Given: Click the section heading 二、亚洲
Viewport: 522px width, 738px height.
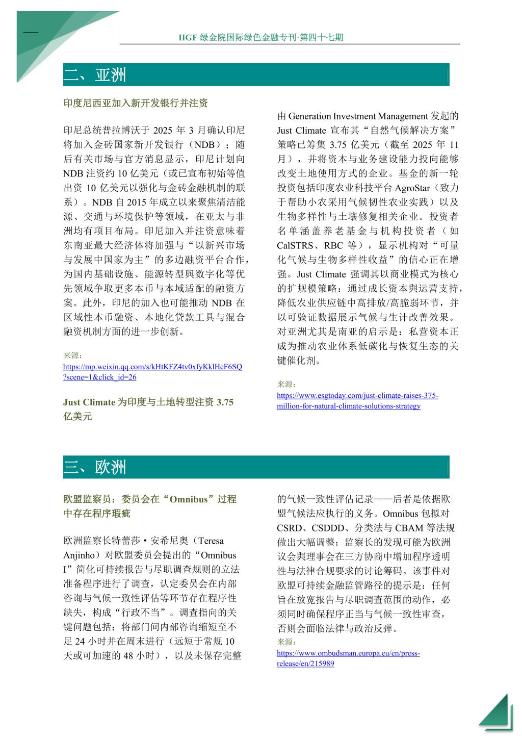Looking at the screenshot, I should [95, 75].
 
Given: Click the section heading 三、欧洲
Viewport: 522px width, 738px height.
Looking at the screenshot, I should [95, 467].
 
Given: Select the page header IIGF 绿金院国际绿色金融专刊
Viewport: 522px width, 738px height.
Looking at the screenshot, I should [260, 37].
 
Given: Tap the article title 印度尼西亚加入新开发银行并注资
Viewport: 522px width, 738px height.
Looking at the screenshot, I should [136, 104].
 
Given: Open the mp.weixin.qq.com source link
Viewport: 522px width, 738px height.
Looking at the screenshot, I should [152, 372].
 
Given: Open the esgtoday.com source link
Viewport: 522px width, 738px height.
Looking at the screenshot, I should [357, 401].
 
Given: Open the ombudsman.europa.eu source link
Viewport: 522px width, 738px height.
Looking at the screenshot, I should [348, 658].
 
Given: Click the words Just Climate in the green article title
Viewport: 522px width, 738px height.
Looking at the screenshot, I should [89, 402].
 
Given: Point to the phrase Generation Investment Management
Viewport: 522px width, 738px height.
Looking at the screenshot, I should [358, 117].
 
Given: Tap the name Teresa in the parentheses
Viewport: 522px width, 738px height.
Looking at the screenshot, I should [211, 541].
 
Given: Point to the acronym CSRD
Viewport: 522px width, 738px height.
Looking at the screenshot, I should [290, 528].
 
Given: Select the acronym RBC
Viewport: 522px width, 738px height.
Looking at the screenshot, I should [333, 245].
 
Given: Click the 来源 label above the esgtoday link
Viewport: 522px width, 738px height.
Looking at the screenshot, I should [286, 384].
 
